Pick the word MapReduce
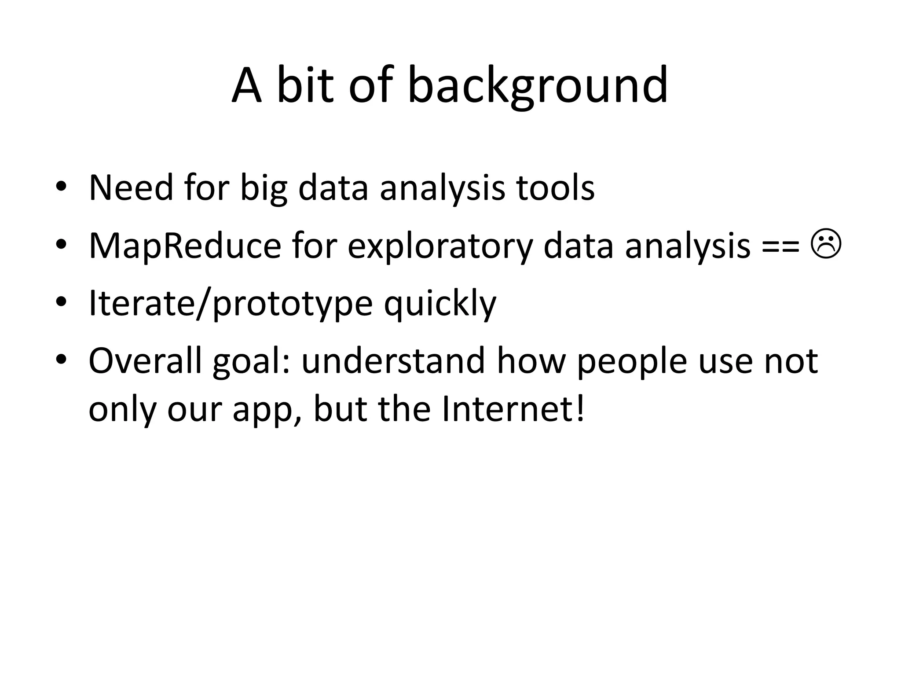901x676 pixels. click(185, 246)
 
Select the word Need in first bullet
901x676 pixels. click(131, 188)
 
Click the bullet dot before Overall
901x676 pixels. click(61, 360)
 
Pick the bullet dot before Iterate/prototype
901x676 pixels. click(61, 303)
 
